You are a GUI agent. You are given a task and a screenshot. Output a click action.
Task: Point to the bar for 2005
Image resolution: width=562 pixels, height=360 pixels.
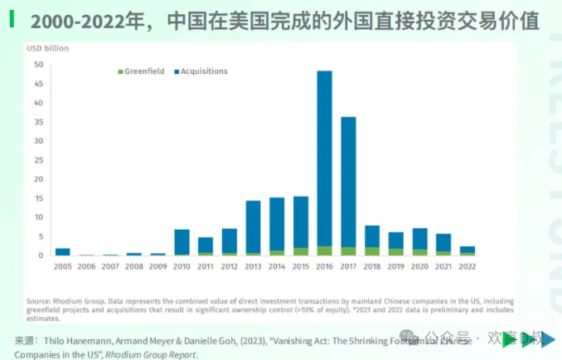click(x=62, y=251)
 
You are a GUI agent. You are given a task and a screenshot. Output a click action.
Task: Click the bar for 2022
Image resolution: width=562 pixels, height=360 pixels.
click(x=468, y=251)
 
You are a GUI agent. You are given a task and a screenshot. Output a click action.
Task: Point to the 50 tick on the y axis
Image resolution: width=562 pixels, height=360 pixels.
click(x=39, y=65)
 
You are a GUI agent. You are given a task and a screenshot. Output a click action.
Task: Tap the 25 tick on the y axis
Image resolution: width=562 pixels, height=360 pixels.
click(x=39, y=160)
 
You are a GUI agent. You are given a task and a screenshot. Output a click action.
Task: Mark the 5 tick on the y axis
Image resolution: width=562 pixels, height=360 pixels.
click(x=41, y=236)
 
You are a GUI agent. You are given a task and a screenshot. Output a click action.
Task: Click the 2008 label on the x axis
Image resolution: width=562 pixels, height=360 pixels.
click(x=133, y=267)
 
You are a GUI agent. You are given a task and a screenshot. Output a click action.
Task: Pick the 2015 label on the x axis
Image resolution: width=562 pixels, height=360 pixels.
click(x=300, y=267)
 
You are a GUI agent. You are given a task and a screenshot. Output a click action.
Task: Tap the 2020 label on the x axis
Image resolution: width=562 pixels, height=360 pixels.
click(x=419, y=267)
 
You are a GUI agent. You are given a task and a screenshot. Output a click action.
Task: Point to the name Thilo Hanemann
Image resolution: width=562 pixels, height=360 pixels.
click(x=73, y=340)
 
